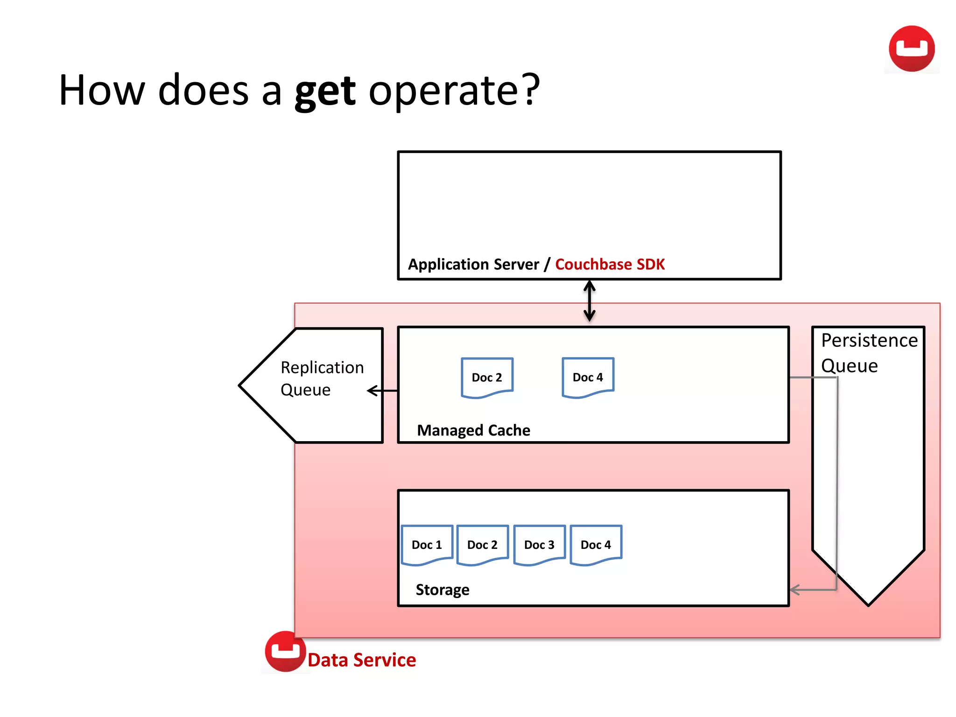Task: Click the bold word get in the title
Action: (325, 91)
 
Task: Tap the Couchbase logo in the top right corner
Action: (911, 49)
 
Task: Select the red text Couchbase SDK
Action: (610, 265)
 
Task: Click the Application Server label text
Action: (473, 265)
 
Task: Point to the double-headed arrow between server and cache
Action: (590, 301)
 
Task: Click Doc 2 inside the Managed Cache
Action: (487, 377)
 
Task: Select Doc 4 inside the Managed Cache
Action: (588, 377)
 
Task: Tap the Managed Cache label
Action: (473, 430)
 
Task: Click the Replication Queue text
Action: (322, 379)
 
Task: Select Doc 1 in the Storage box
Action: (427, 545)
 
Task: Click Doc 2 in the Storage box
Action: (482, 545)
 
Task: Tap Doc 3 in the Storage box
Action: (539, 545)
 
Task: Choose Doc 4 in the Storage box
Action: (596, 545)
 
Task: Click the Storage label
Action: (442, 590)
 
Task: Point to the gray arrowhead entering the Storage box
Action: (795, 590)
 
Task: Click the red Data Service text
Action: (362, 660)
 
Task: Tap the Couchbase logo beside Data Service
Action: (285, 652)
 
